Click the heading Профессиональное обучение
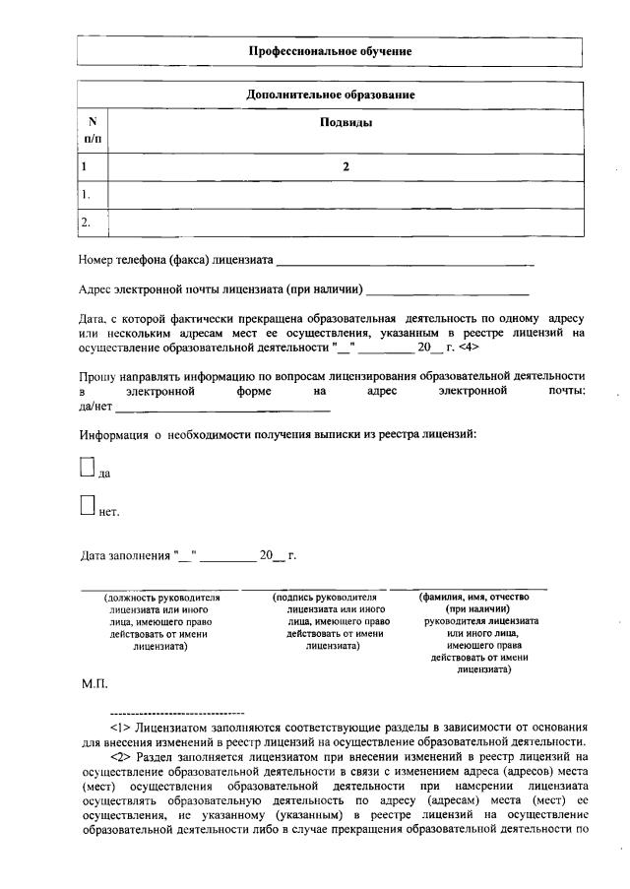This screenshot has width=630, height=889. [330, 50]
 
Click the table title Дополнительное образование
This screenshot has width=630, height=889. [330, 95]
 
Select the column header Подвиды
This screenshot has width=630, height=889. [346, 123]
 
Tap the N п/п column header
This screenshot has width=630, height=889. [92, 131]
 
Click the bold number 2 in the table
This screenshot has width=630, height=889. [346, 167]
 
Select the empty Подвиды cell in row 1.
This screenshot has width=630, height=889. [346, 195]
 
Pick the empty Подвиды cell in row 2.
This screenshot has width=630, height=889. [346, 222]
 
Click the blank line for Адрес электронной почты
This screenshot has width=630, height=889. [447, 292]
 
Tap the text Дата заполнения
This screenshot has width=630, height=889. [124, 555]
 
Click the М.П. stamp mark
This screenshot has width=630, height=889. [94, 682]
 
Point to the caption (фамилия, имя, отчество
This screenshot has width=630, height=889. [475, 598]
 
